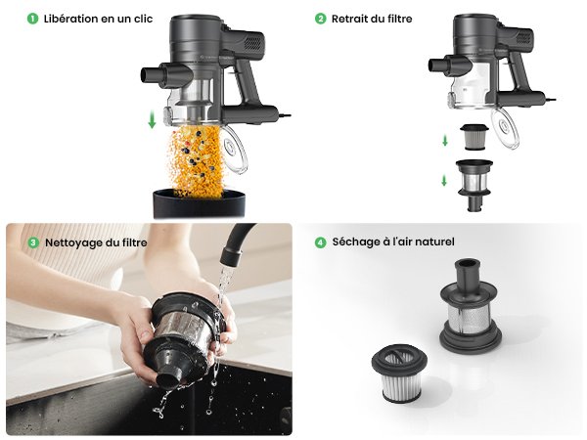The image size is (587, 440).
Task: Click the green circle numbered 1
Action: coord(33,19)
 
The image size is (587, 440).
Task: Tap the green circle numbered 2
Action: coord(320,19)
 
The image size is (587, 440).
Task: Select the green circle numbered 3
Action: coord(33,242)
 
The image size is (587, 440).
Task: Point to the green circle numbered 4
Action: coord(320,242)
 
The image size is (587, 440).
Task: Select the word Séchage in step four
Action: coord(354,242)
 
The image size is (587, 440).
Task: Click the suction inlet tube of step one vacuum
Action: coord(156,73)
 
